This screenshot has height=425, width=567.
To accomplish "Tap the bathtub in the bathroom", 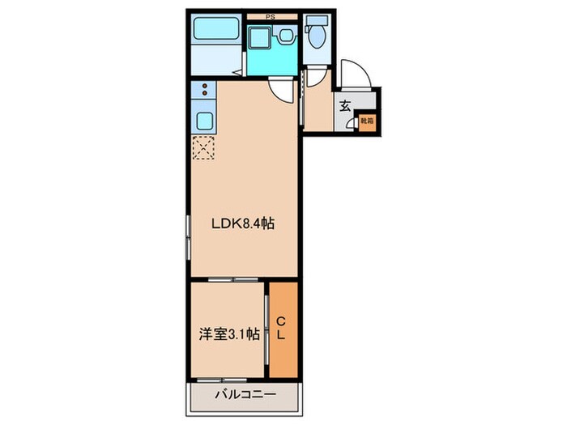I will [x=214, y=32].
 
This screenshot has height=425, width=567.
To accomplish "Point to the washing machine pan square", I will [x=261, y=37].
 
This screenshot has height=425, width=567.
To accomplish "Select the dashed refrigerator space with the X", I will [x=203, y=147].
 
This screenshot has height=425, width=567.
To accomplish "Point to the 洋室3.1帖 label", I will [x=230, y=332].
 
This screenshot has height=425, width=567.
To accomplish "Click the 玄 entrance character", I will [x=344, y=105].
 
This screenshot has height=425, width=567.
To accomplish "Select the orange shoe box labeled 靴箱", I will [x=366, y=121].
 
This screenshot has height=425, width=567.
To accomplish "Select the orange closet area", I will [x=283, y=328].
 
